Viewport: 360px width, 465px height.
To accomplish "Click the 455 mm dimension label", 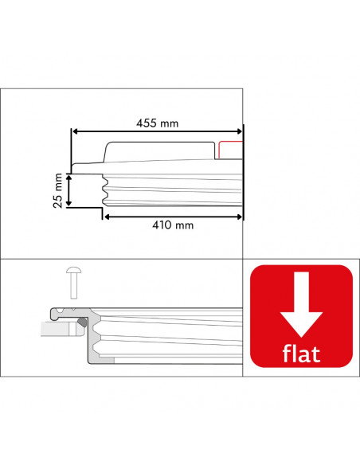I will [x=156, y=123].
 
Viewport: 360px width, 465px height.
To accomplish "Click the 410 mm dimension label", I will [x=172, y=225].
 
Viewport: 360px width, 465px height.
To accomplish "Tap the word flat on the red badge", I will [x=302, y=353].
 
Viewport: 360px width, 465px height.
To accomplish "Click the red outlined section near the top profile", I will [x=229, y=150].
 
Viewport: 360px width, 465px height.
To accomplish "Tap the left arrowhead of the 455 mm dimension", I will [x=75, y=132].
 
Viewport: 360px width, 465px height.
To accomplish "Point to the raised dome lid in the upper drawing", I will [x=159, y=150].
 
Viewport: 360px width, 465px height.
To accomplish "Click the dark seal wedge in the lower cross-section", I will [x=82, y=323].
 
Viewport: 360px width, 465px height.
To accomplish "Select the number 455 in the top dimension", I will [x=147, y=123].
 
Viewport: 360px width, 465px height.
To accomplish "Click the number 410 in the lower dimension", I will [x=162, y=225].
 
